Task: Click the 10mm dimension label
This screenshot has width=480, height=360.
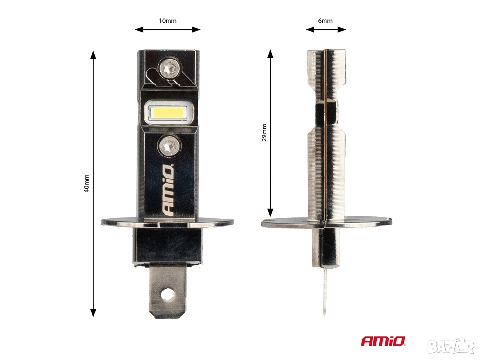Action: [168, 21]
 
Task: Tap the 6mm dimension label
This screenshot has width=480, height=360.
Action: [325, 21]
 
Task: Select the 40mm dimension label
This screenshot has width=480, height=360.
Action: [86, 183]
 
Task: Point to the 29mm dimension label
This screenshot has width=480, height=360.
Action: [264, 132]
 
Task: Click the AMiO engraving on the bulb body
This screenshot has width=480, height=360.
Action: [168, 190]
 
